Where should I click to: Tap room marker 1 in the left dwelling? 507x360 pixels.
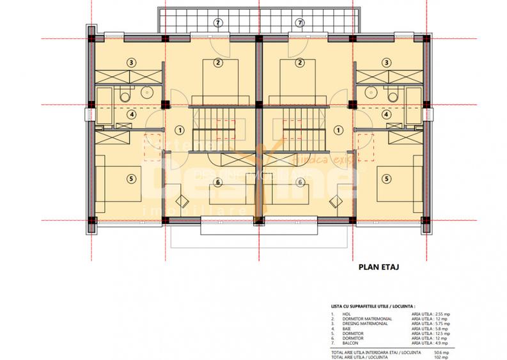(x=180, y=129)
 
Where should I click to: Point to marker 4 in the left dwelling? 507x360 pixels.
(x=131, y=115)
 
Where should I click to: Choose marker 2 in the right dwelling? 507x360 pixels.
(x=300, y=63)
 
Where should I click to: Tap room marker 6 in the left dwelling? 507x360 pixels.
(x=218, y=182)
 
